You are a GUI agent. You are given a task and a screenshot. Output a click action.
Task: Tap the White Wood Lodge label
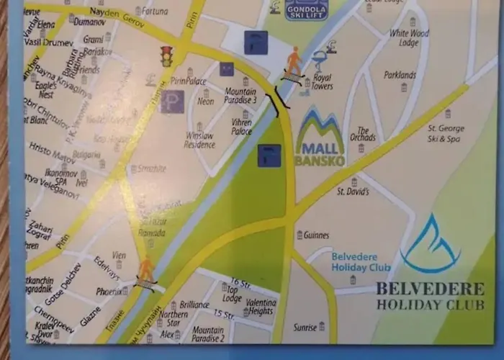408,37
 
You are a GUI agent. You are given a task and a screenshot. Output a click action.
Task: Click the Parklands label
400,75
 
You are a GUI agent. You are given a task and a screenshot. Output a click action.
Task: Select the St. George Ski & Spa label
447,132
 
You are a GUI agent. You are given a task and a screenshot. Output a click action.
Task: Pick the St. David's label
353,192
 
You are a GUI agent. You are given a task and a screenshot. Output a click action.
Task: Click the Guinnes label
316,235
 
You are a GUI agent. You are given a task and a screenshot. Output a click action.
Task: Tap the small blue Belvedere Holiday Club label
360,262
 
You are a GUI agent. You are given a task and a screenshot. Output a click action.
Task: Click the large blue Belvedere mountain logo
431,243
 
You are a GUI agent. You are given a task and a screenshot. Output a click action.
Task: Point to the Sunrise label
305,328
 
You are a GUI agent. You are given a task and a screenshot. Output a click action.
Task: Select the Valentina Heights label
260,306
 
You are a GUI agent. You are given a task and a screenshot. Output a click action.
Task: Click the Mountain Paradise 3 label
240,96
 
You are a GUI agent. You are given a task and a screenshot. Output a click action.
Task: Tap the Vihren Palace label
241,127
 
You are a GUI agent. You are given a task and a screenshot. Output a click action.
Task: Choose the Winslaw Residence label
199,140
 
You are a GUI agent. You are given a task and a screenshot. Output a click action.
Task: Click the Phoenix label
109,292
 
